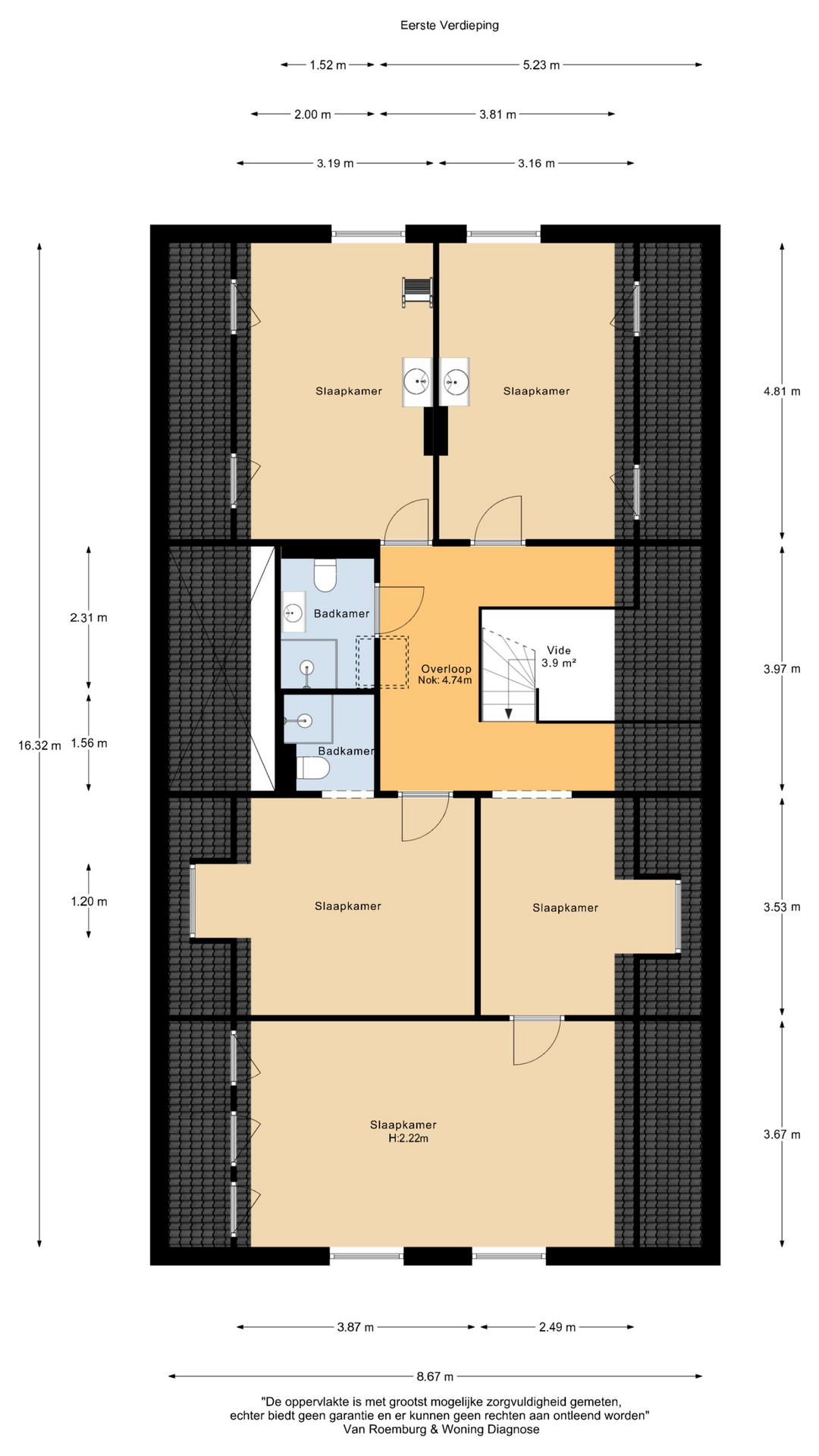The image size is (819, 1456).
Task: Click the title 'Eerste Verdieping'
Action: (449, 25)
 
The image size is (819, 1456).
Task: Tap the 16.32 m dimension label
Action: (39, 745)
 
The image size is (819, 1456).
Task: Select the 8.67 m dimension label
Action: (435, 1376)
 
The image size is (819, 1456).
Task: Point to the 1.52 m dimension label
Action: (328, 65)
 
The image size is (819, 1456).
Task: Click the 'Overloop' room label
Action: (446, 669)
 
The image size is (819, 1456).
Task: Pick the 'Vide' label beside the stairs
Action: (559, 650)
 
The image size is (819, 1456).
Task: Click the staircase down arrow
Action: (508, 714)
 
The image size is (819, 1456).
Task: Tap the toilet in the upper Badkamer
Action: (325, 575)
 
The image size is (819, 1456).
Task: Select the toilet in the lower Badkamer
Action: (312, 769)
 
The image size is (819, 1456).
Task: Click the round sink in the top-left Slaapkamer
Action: (416, 381)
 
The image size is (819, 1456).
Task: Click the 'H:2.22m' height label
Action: (408, 1138)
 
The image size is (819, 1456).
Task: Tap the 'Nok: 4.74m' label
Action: (444, 681)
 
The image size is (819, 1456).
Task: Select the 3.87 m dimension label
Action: (356, 1327)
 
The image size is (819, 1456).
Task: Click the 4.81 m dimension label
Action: (782, 391)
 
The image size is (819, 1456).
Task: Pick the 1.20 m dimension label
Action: (89, 902)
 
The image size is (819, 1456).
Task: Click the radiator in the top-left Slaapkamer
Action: (417, 292)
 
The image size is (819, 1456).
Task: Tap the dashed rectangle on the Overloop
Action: (382, 662)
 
